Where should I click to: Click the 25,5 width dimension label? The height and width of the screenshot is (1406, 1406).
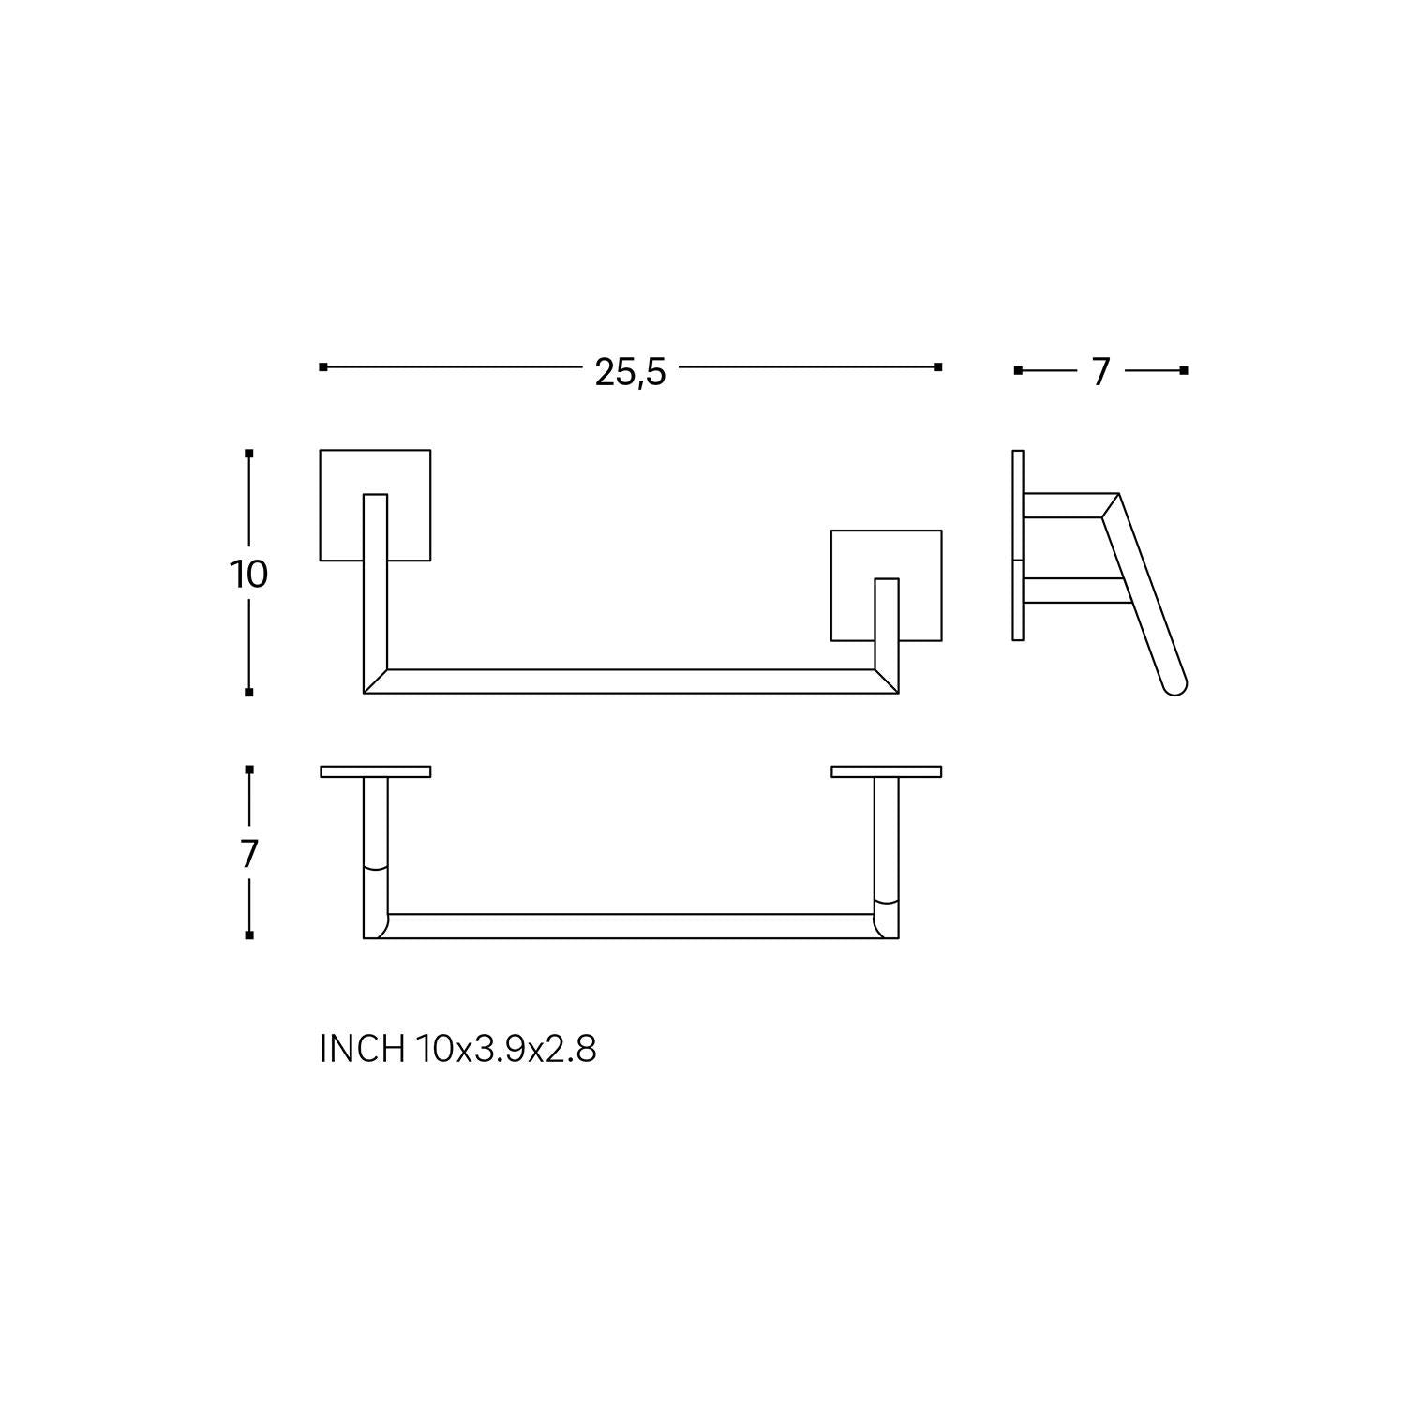(630, 372)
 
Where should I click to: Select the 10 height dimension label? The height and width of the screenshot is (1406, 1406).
(248, 574)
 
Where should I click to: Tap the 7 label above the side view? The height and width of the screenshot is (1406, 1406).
(1100, 372)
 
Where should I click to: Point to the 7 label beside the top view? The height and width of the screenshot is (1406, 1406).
(248, 854)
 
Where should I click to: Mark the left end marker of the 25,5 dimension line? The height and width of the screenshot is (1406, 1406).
(323, 367)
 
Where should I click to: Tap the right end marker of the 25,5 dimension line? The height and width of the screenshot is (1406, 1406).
(938, 367)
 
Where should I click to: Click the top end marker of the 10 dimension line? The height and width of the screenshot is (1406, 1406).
(248, 454)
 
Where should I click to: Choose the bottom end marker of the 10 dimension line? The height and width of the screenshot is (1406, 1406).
(248, 693)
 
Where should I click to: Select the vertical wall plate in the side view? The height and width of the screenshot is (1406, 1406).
(1018, 546)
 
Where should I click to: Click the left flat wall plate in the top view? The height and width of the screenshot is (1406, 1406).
(375, 771)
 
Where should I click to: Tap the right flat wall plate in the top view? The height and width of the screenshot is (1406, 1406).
(886, 771)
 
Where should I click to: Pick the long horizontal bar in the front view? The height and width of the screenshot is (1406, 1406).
(630, 681)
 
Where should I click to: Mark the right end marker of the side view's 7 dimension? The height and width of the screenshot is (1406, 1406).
(1184, 371)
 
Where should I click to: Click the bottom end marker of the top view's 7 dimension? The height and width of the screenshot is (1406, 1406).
(248, 935)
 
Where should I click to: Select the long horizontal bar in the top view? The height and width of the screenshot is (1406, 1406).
(630, 926)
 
